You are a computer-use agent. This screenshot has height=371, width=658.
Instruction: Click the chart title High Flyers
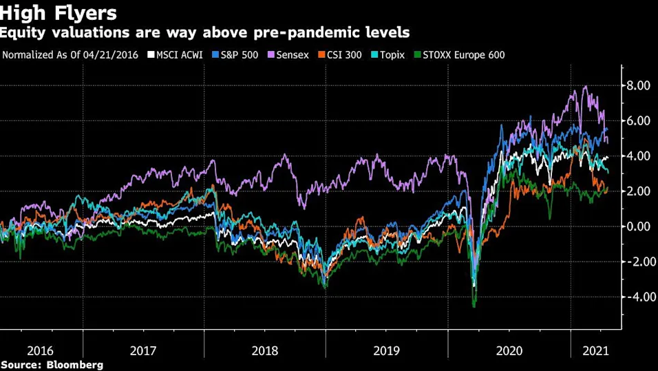pyautogui.click(x=59, y=12)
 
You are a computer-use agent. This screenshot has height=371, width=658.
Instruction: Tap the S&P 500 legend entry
pyautogui.click(x=235, y=54)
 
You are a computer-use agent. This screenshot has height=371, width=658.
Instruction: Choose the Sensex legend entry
pyautogui.click(x=292, y=54)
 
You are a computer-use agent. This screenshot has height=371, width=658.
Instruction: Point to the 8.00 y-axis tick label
pyautogui.click(x=638, y=86)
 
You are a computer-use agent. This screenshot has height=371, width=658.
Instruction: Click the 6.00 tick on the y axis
pyautogui.click(x=638, y=121)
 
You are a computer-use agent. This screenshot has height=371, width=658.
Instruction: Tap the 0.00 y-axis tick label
pyautogui.click(x=638, y=226)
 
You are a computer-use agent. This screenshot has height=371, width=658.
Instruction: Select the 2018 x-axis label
pyautogui.click(x=264, y=350)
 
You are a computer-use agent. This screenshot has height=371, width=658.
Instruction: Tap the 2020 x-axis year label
pyautogui.click(x=509, y=350)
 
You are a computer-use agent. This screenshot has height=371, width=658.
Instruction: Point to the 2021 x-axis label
pyautogui.click(x=595, y=350)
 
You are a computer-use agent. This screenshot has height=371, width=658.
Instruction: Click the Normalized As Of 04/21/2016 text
pyautogui.click(x=71, y=54)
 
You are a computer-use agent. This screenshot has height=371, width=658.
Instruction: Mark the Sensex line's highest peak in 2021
pyautogui.click(x=585, y=87)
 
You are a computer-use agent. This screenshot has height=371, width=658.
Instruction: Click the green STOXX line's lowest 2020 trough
pyautogui.click(x=474, y=306)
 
